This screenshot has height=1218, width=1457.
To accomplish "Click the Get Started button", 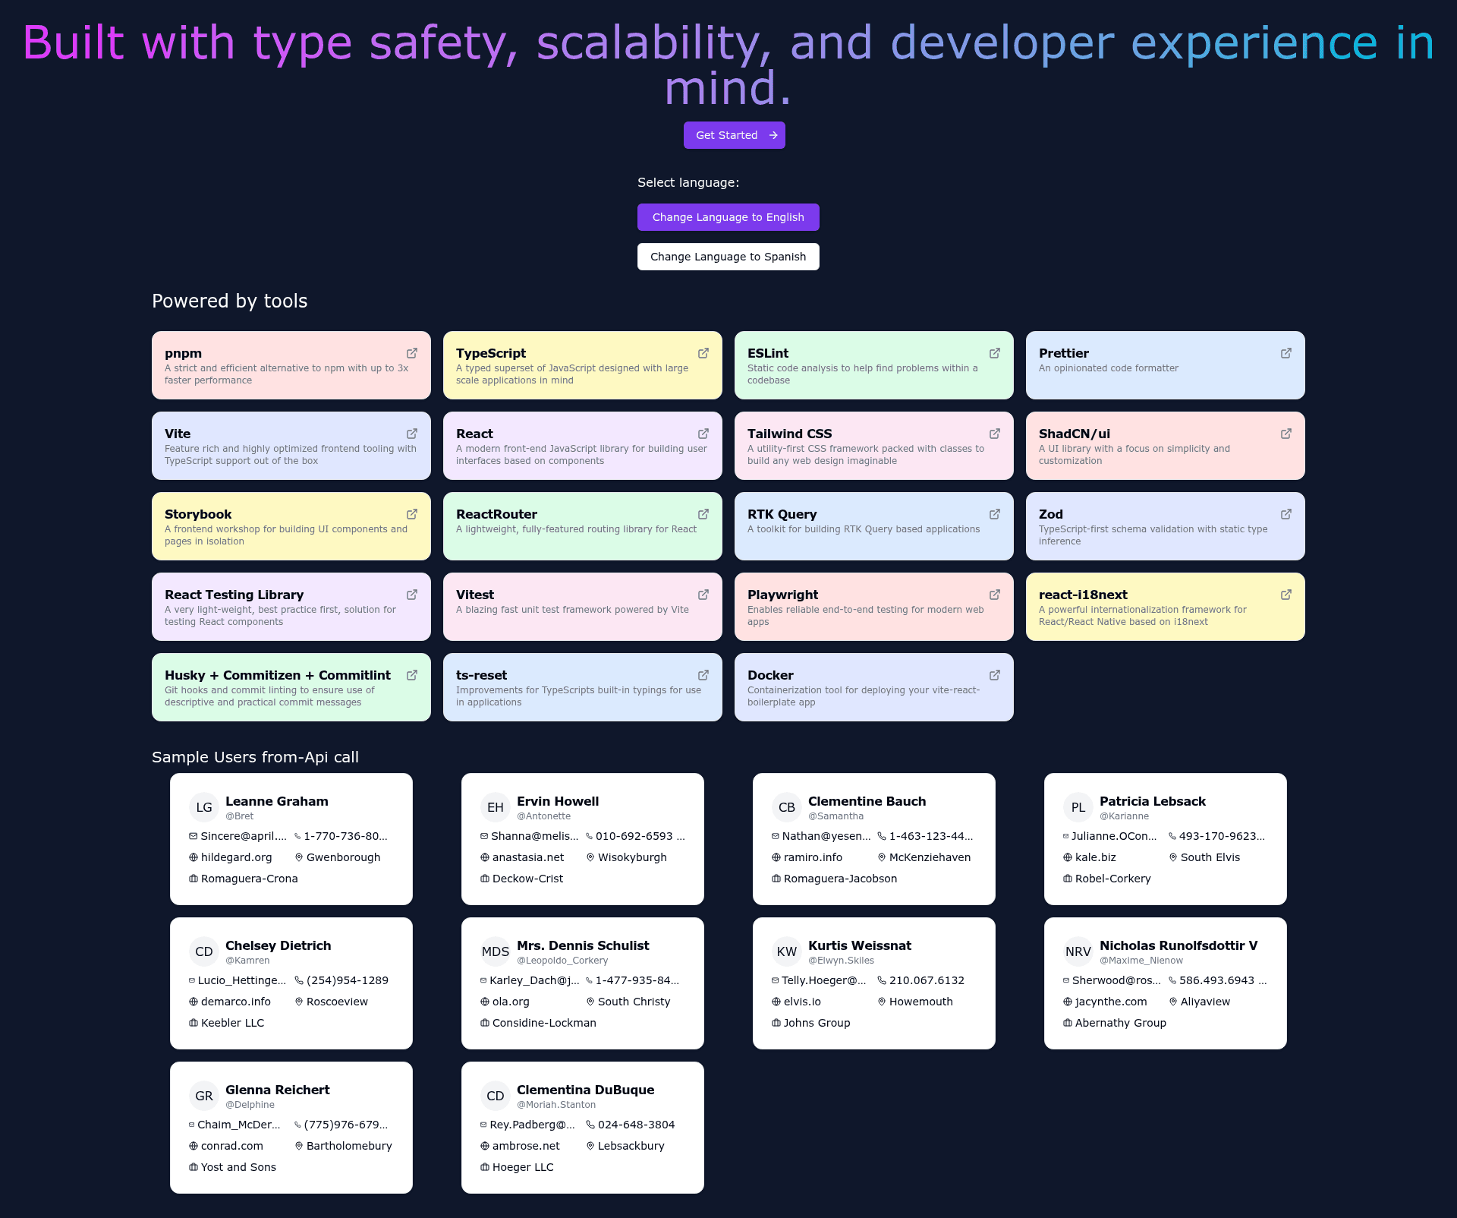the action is tap(734, 135).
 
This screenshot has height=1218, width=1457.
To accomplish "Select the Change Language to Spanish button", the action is tap(728, 257).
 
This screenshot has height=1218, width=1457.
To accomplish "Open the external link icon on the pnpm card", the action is tap(412, 353).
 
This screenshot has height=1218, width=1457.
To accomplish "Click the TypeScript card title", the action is tap(491, 353).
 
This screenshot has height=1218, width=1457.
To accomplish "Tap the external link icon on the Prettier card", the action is tap(1286, 353).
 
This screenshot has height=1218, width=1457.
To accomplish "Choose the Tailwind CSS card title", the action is tap(789, 434).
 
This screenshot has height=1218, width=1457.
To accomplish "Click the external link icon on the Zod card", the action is tap(1286, 514).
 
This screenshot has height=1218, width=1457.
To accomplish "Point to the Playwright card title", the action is tap(782, 595).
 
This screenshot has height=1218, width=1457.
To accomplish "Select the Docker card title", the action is tap(770, 675).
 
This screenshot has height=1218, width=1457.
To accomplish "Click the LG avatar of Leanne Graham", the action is tap(204, 807).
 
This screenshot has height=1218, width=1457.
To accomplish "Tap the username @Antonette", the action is tap(543, 816).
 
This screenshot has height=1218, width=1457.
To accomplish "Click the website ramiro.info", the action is tap(813, 857).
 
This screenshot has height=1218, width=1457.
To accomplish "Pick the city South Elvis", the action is tap(1210, 857).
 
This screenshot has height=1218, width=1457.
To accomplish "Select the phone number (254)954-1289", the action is tap(348, 980).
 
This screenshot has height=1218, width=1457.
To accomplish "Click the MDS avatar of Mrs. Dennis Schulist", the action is tap(496, 951).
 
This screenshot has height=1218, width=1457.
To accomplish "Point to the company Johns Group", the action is tap(817, 1023).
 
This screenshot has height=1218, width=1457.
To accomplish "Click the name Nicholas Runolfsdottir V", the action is tap(1179, 945).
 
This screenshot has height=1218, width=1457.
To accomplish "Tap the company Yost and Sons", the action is tap(238, 1167).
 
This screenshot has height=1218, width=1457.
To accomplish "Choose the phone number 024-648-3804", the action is tap(636, 1125).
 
